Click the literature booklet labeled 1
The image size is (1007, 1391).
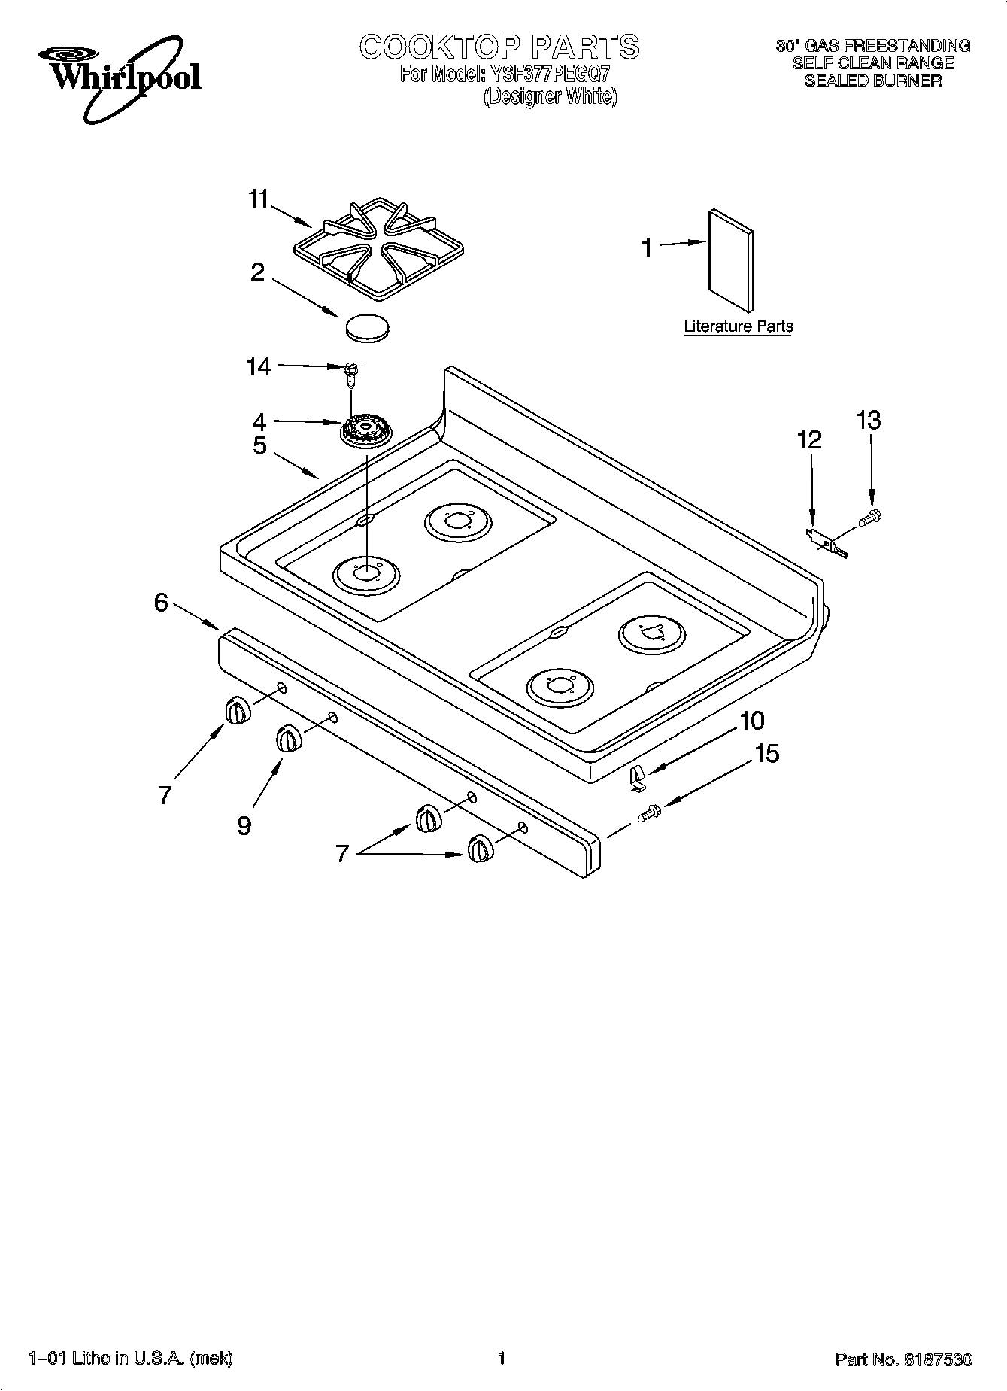pos(730,260)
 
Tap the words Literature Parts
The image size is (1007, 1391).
pos(738,326)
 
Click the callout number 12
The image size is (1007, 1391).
pos(809,440)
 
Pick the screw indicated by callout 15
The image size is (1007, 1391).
pos(649,812)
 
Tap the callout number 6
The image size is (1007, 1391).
pos(161,603)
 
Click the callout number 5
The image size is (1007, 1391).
pos(259,445)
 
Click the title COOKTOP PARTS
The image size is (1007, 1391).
pos(499,47)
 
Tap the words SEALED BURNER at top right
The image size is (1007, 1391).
pos(872,80)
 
